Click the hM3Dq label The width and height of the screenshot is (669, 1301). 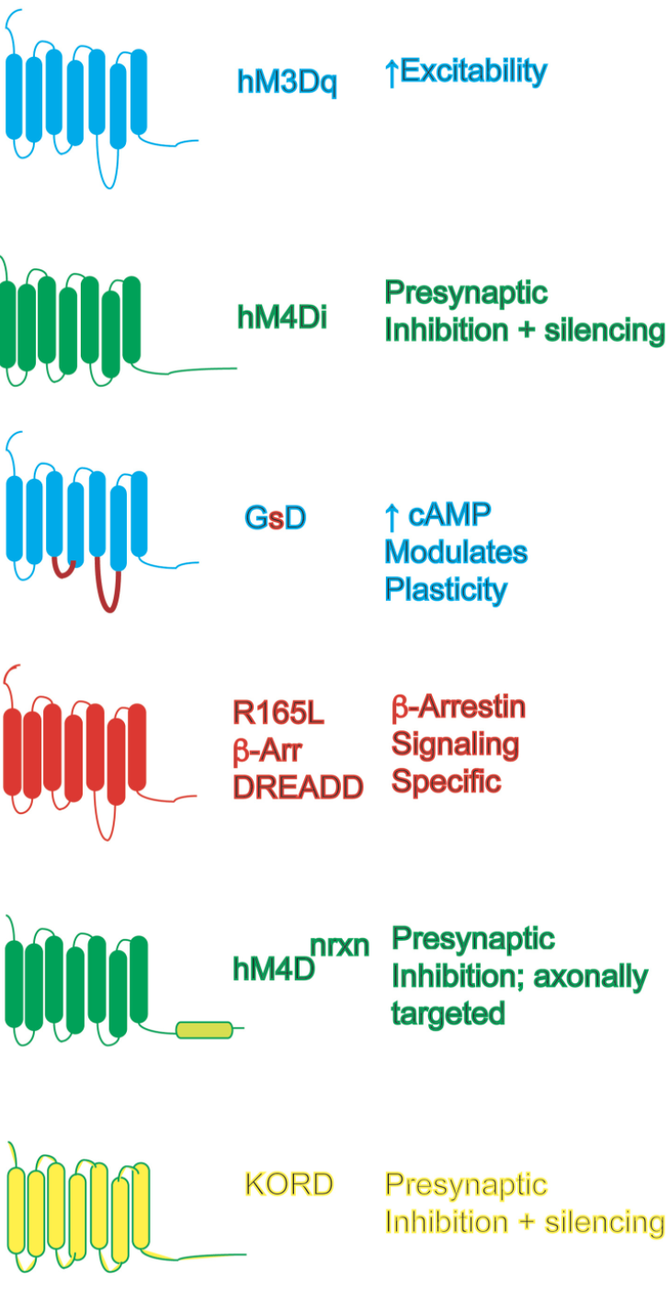point(287,83)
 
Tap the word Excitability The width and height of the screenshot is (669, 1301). point(474,72)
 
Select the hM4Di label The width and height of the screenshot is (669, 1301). point(282,317)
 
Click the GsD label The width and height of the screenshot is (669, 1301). point(276,517)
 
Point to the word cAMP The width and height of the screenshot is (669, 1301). point(449,515)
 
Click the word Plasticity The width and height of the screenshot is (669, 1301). point(446,591)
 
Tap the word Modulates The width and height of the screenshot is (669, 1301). point(456,552)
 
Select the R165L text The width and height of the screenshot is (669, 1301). point(278,713)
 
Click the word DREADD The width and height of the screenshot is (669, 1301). point(298,787)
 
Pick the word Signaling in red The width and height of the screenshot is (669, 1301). point(455,745)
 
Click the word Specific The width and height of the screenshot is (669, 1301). point(446,782)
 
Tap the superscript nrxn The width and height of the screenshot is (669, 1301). point(340,946)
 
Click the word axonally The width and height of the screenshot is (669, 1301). point(590,978)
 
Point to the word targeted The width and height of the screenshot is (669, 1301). point(448,1014)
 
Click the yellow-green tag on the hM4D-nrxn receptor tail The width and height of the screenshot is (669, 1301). point(204,1030)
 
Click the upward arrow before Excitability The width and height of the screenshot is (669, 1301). point(392,74)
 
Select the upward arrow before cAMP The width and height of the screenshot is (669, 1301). point(392,517)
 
